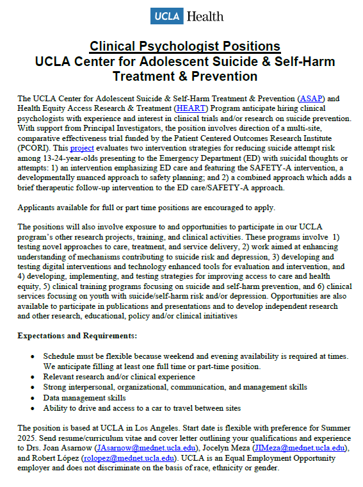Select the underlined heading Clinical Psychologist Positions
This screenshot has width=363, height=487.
pos(185,46)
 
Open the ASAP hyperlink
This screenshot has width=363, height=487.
pos(312,98)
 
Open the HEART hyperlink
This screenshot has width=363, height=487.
pos(190,108)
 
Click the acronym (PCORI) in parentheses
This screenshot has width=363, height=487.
pos(32,149)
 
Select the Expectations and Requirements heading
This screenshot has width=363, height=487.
pos(77,335)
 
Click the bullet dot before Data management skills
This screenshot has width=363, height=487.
pos(33,397)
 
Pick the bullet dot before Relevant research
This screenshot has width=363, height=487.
pos(33,377)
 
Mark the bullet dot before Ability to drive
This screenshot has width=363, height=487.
pos(33,408)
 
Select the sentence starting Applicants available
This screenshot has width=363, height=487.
pos(147,208)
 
